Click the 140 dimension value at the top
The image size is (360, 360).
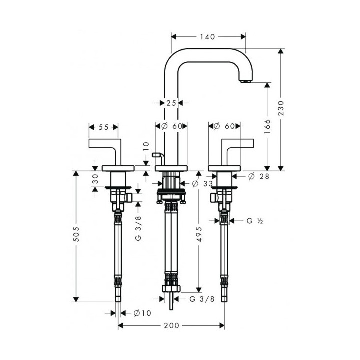207,37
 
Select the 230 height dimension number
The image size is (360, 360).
281,108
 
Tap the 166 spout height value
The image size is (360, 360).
267,126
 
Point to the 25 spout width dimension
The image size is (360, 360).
171,103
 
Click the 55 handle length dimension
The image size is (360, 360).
103,127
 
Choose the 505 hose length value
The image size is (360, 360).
76,234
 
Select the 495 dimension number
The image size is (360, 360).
199,234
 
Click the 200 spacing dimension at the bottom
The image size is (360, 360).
171,326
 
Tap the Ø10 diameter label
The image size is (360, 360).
142,313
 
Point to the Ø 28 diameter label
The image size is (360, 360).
259,176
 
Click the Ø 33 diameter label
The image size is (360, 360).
202,183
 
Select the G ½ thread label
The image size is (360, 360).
255,221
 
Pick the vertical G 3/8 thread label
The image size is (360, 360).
138,228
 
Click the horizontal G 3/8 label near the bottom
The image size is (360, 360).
202,299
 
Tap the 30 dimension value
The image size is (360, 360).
95,179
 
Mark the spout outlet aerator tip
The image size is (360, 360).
245,81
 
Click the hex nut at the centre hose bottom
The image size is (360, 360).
171,289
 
